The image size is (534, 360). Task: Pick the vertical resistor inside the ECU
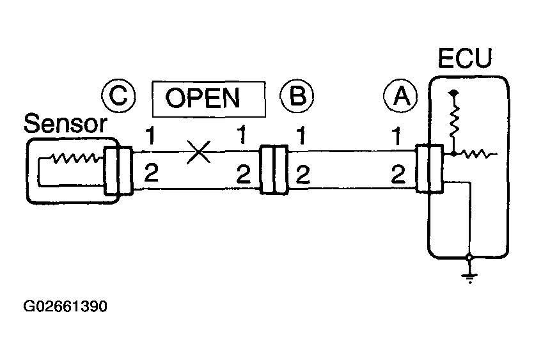454,123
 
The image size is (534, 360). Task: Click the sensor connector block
118,170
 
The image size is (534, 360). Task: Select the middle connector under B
274,170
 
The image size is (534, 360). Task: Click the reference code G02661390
65,306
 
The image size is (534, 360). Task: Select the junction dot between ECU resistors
454,153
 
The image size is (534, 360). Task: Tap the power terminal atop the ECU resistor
454,93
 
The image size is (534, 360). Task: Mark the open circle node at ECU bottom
470,257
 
